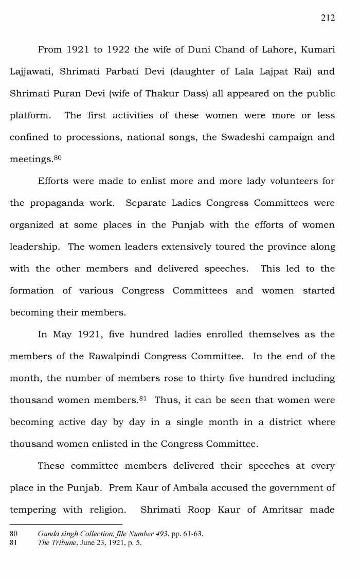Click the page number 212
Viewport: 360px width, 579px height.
point(328,18)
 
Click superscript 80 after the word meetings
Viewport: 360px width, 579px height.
point(57,157)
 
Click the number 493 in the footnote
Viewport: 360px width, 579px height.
point(161,534)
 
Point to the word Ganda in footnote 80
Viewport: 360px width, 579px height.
point(47,534)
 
